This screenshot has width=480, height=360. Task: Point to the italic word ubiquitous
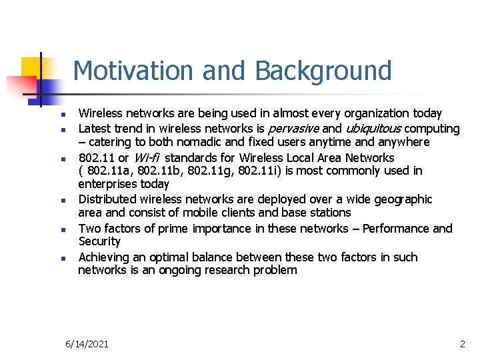tap(372, 128)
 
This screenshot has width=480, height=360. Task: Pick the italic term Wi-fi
tap(147, 158)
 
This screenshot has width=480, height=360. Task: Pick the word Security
tap(99, 241)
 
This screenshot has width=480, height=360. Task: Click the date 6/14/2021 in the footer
tap(87, 344)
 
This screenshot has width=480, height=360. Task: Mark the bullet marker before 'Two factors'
tap(59, 229)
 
